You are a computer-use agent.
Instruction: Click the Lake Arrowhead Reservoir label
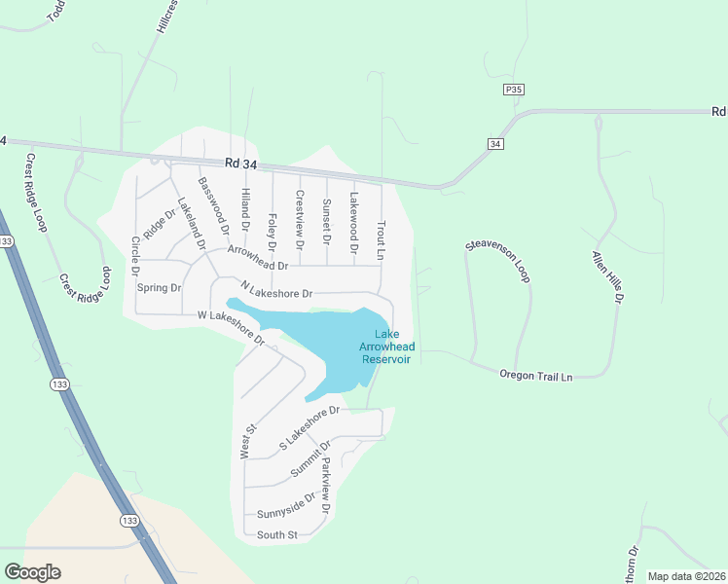[387, 347]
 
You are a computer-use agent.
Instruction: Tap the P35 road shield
[514, 90]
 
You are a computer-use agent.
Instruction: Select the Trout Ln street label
[382, 238]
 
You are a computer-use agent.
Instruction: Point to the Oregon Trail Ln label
[536, 375]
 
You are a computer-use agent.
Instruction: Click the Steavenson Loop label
[497, 260]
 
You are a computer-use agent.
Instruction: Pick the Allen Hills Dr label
[605, 276]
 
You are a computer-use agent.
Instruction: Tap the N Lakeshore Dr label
[276, 291]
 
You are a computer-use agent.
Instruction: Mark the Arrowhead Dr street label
[258, 258]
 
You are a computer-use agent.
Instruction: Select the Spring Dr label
[160, 288]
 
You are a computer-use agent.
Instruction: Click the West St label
[248, 440]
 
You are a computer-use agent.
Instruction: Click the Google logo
[32, 572]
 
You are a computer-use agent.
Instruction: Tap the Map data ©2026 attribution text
[686, 576]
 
